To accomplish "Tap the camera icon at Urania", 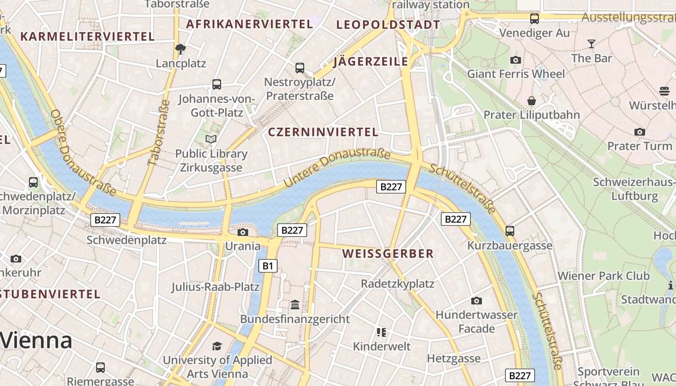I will tap(243, 233).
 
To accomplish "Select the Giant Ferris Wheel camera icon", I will tap(516, 60).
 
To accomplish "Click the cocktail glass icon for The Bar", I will tap(591, 44).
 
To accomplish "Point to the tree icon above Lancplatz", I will tap(181, 49).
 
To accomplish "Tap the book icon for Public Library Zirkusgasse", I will tap(211, 139).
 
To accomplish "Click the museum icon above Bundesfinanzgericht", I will tap(295, 305).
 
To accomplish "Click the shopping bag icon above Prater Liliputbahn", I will tap(532, 101).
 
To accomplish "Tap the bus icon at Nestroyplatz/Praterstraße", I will tap(300, 68).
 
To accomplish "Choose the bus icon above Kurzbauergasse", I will tap(510, 231).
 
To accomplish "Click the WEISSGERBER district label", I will tap(388, 254).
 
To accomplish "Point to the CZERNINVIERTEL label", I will tap(323, 132).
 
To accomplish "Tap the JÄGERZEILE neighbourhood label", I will tap(371, 62).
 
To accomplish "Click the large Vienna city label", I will tap(36, 341).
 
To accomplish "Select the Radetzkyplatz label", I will tap(397, 284).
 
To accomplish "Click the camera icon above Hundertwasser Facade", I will tap(477, 301).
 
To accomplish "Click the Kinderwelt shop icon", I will tap(381, 332).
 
